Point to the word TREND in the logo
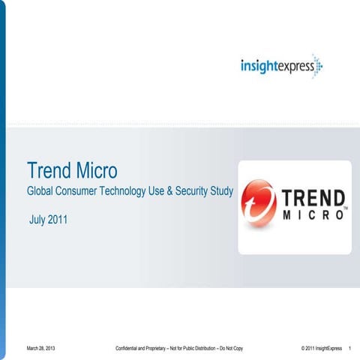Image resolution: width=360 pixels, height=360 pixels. [313, 199]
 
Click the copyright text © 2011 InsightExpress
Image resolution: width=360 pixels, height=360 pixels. [320, 349]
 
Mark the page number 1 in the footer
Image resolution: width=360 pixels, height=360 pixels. [351, 349]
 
